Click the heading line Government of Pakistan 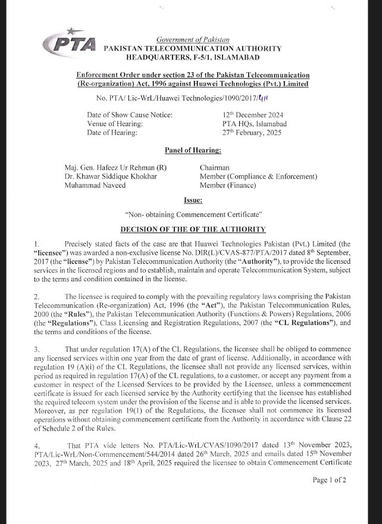tap(192, 39)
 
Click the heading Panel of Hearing tap(192, 150)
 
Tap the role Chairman tap(214, 168)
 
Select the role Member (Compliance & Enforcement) tap(258, 177)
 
